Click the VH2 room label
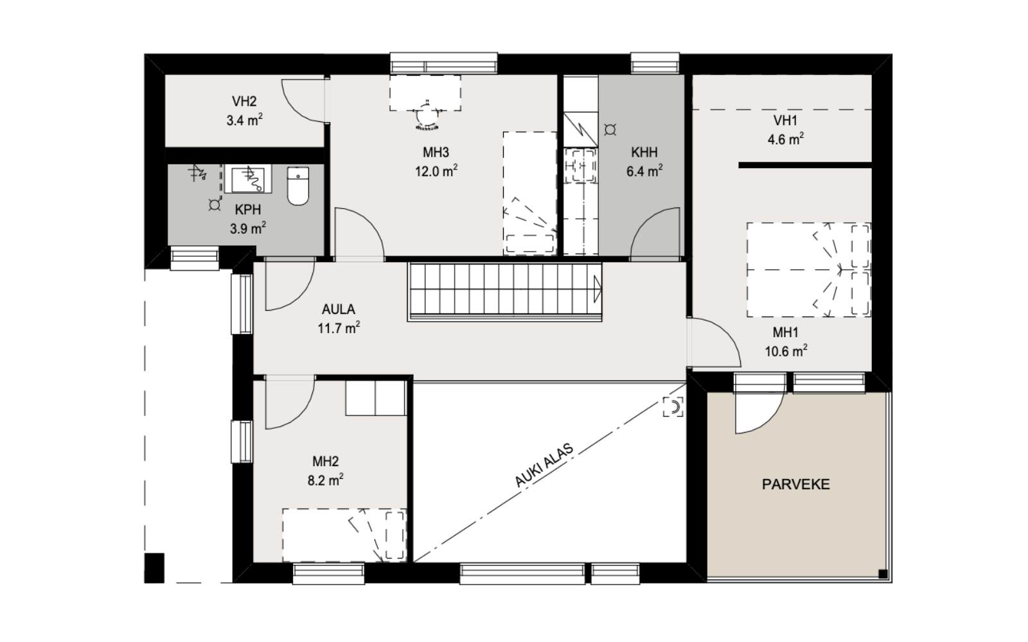point(244,101)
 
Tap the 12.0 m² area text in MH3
point(436,171)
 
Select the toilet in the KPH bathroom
point(297,186)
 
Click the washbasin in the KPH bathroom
point(247,178)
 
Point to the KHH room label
point(644,153)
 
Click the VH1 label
point(785,121)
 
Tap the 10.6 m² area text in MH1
point(785,351)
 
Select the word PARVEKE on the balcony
point(795,485)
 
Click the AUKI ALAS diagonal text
point(544,465)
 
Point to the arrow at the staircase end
point(598,289)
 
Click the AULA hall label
point(339,309)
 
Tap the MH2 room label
point(325,462)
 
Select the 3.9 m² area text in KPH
point(247,229)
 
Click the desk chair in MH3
point(425,117)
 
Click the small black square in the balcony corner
point(883,573)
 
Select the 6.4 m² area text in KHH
point(644,172)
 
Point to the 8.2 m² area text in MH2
point(325,480)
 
